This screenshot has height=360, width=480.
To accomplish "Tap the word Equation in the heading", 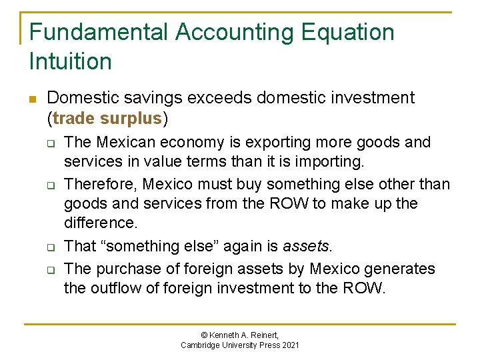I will (352, 32).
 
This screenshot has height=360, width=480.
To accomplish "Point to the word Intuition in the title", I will (71, 61).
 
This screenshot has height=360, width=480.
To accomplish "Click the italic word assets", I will (306, 246).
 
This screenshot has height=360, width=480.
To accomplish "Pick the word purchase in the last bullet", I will (125, 269).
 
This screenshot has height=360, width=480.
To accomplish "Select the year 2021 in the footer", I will (289, 345).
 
